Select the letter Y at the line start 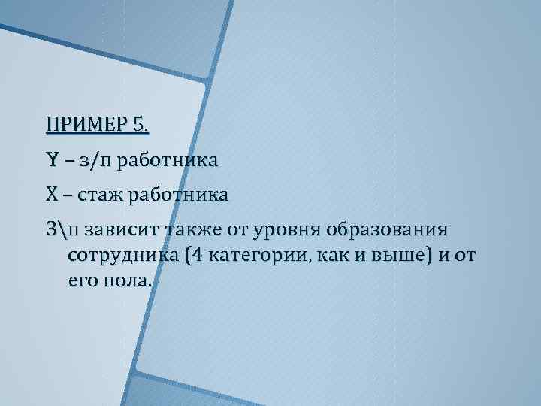[52, 159]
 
